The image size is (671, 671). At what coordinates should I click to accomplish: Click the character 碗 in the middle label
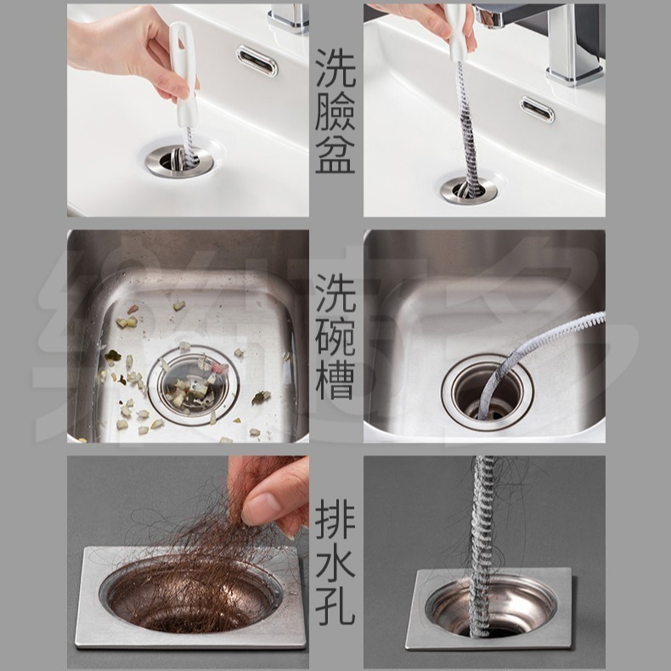coord(335,337)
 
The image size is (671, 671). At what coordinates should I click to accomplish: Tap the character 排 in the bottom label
coord(335,518)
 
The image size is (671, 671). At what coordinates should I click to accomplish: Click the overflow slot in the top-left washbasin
coord(257,60)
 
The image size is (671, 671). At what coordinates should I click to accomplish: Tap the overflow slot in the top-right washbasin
coord(538,110)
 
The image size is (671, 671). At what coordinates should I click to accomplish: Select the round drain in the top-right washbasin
coord(468,189)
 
